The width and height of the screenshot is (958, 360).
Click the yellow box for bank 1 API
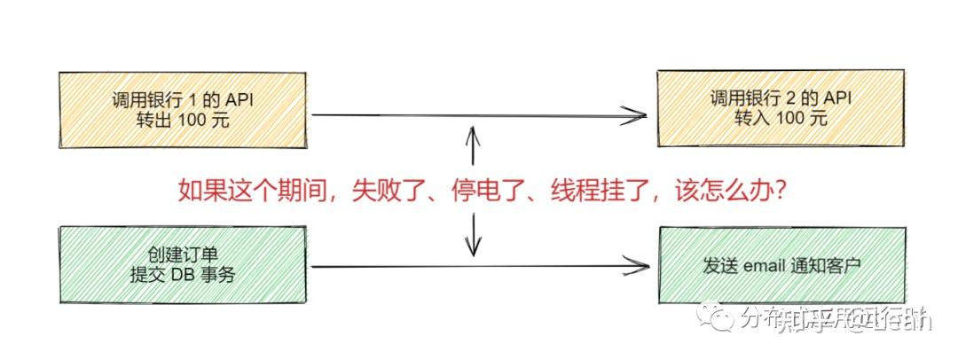(x=184, y=109)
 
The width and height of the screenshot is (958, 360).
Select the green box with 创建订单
(x=184, y=264)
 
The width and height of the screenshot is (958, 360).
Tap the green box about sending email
(x=781, y=264)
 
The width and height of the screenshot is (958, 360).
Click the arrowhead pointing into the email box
(x=636, y=264)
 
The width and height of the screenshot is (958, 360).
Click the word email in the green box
(x=761, y=264)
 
